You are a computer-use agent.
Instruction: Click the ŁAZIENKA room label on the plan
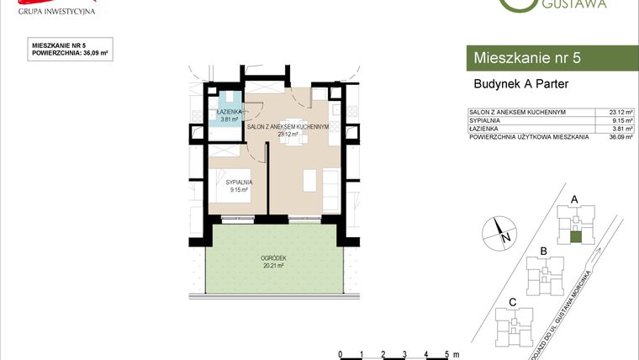click(229, 112)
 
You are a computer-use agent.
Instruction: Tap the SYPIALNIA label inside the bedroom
click(239, 183)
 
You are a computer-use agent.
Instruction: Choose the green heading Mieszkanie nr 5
click(527, 58)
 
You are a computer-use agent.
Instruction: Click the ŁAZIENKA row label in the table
click(486, 127)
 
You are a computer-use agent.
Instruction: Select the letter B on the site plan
click(544, 251)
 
